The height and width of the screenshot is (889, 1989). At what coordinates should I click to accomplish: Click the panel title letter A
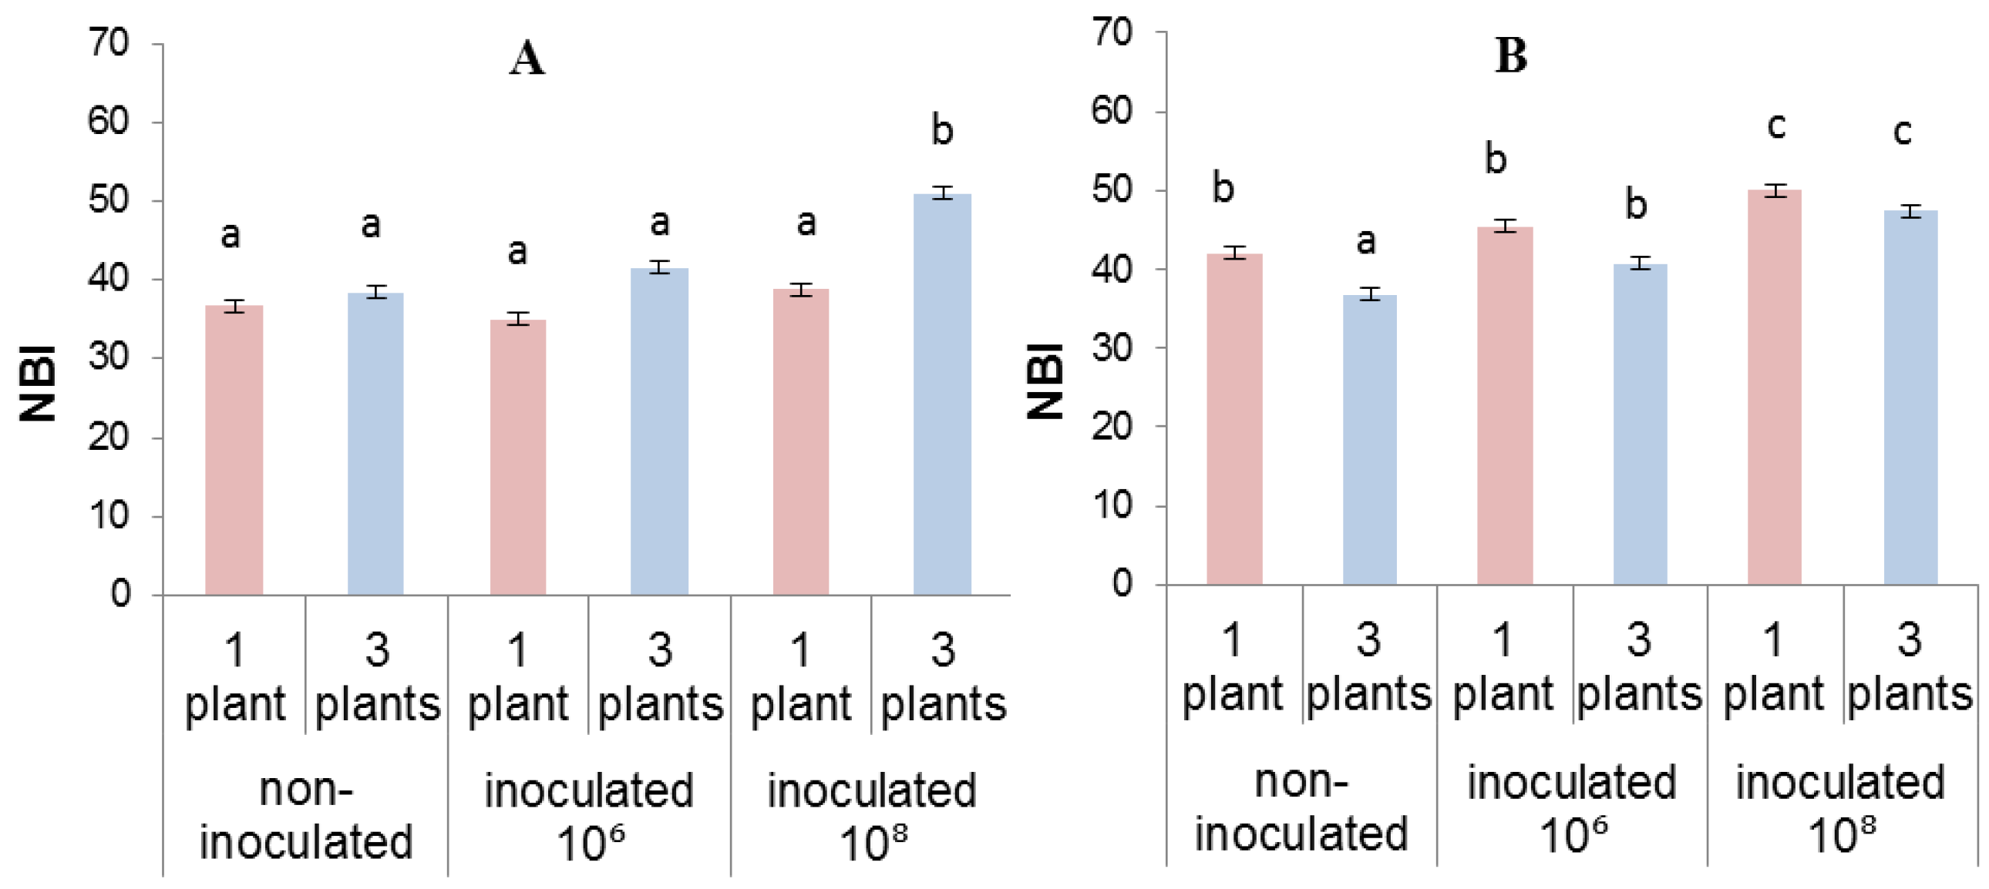[x=527, y=59]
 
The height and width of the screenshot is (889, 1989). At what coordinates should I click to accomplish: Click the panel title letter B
[x=1510, y=56]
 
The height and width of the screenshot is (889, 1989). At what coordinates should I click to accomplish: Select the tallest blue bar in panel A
[x=942, y=394]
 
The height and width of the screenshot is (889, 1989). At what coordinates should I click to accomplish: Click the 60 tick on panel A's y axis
[x=107, y=122]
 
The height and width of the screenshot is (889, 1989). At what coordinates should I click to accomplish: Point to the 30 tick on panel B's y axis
[x=1112, y=348]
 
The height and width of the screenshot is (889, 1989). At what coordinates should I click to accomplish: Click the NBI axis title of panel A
[x=39, y=384]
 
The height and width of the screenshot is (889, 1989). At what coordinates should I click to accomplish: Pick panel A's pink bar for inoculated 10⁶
[x=517, y=457]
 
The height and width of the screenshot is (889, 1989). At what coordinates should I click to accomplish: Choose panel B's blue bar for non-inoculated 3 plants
[x=1369, y=439]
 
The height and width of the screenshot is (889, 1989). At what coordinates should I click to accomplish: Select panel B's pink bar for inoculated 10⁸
[x=1774, y=387]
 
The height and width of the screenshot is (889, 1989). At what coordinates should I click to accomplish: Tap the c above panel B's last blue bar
[x=1902, y=132]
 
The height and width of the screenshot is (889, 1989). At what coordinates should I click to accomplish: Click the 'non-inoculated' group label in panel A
[x=306, y=815]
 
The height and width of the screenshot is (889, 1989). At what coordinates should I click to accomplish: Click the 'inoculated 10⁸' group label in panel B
[x=1840, y=807]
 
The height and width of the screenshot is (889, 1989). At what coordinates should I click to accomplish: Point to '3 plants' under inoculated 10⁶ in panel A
[x=659, y=677]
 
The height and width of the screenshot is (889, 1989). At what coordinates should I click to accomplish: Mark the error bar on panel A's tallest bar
[x=942, y=193]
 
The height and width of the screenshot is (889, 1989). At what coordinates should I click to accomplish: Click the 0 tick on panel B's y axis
[x=1122, y=584]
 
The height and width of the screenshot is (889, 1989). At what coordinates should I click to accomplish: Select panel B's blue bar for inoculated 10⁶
[x=1639, y=424]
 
